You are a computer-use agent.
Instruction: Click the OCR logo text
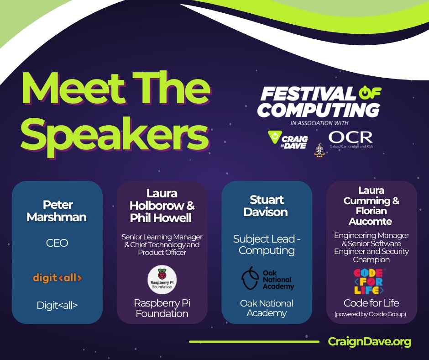click(351, 137)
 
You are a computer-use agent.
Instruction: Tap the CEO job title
click(57, 243)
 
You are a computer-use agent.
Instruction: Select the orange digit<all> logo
click(57, 277)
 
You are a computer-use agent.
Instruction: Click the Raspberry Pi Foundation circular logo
click(162, 279)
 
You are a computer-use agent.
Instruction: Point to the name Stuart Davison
click(267, 206)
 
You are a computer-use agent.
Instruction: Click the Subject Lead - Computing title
click(267, 244)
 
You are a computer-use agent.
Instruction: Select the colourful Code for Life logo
click(370, 281)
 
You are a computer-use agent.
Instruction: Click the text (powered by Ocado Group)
click(371, 314)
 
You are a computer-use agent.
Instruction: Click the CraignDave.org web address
click(369, 342)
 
